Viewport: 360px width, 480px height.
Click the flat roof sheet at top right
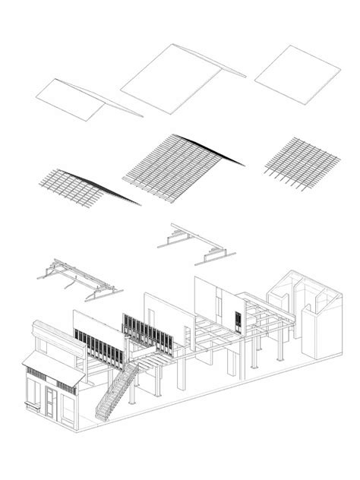[297, 74]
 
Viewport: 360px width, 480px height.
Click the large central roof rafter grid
[179, 165]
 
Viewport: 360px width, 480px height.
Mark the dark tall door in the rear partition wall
[240, 321]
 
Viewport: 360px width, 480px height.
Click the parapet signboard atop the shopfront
[56, 339]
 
